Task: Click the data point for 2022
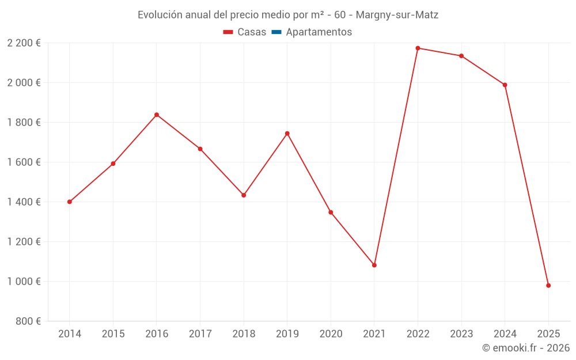418,48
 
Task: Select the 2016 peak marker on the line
157,115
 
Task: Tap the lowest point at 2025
548,286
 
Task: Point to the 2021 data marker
374,265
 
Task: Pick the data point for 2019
287,133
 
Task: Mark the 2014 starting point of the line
70,202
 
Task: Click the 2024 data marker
505,85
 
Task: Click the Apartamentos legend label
319,32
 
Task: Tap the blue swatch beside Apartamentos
276,32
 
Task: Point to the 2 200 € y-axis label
24,43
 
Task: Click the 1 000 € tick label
24,281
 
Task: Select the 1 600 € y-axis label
24,162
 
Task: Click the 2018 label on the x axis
244,334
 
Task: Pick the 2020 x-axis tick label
331,334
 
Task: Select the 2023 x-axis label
461,334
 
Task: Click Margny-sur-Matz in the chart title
397,15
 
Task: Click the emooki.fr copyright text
526,348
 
